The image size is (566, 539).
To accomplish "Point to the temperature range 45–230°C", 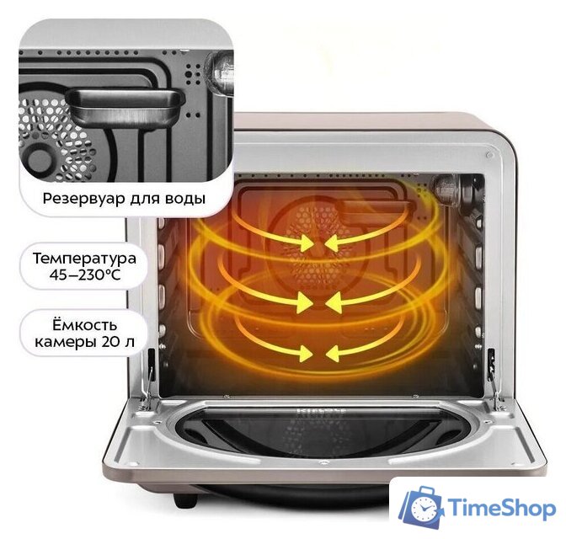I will (83, 275).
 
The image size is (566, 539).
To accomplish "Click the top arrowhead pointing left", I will (333, 243).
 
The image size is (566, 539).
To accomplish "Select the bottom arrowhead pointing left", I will (333, 350).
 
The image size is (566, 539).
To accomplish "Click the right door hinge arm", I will (488, 371).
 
